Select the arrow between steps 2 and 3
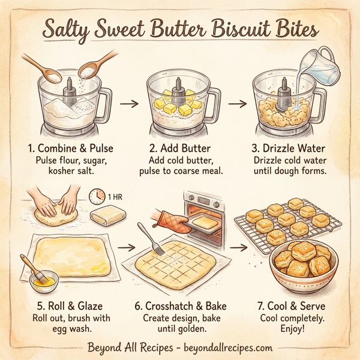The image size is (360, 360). point(237,104)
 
